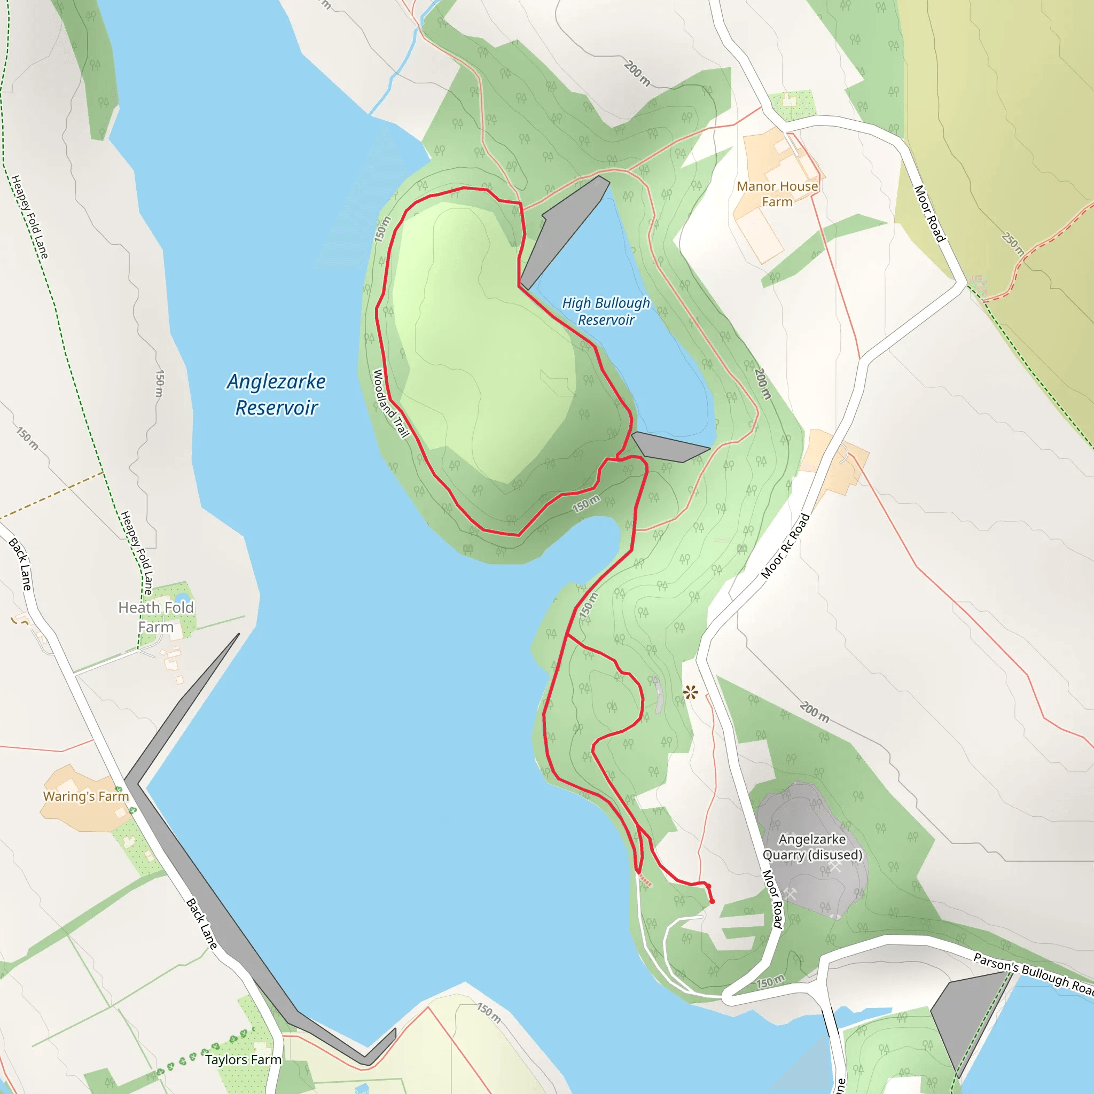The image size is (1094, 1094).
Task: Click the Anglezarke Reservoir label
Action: pos(276,395)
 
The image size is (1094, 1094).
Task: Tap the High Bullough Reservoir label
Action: pos(606,311)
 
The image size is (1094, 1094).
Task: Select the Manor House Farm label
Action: pos(777,194)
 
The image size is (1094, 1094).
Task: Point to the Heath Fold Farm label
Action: pos(156,617)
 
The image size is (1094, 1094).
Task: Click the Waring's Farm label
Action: pos(86,796)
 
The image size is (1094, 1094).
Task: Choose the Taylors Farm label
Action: pos(243,1059)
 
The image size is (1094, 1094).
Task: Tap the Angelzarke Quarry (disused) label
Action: pos(812,847)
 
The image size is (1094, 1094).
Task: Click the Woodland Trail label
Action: pos(390,403)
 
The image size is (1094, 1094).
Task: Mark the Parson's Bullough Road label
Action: pos(1034,973)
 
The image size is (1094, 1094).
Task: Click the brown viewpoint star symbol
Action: pos(690,692)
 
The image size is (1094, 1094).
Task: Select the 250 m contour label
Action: pos(1012,244)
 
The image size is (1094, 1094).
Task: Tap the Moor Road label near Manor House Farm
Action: pos(930,214)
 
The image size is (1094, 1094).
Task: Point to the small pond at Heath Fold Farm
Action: pos(181,598)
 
